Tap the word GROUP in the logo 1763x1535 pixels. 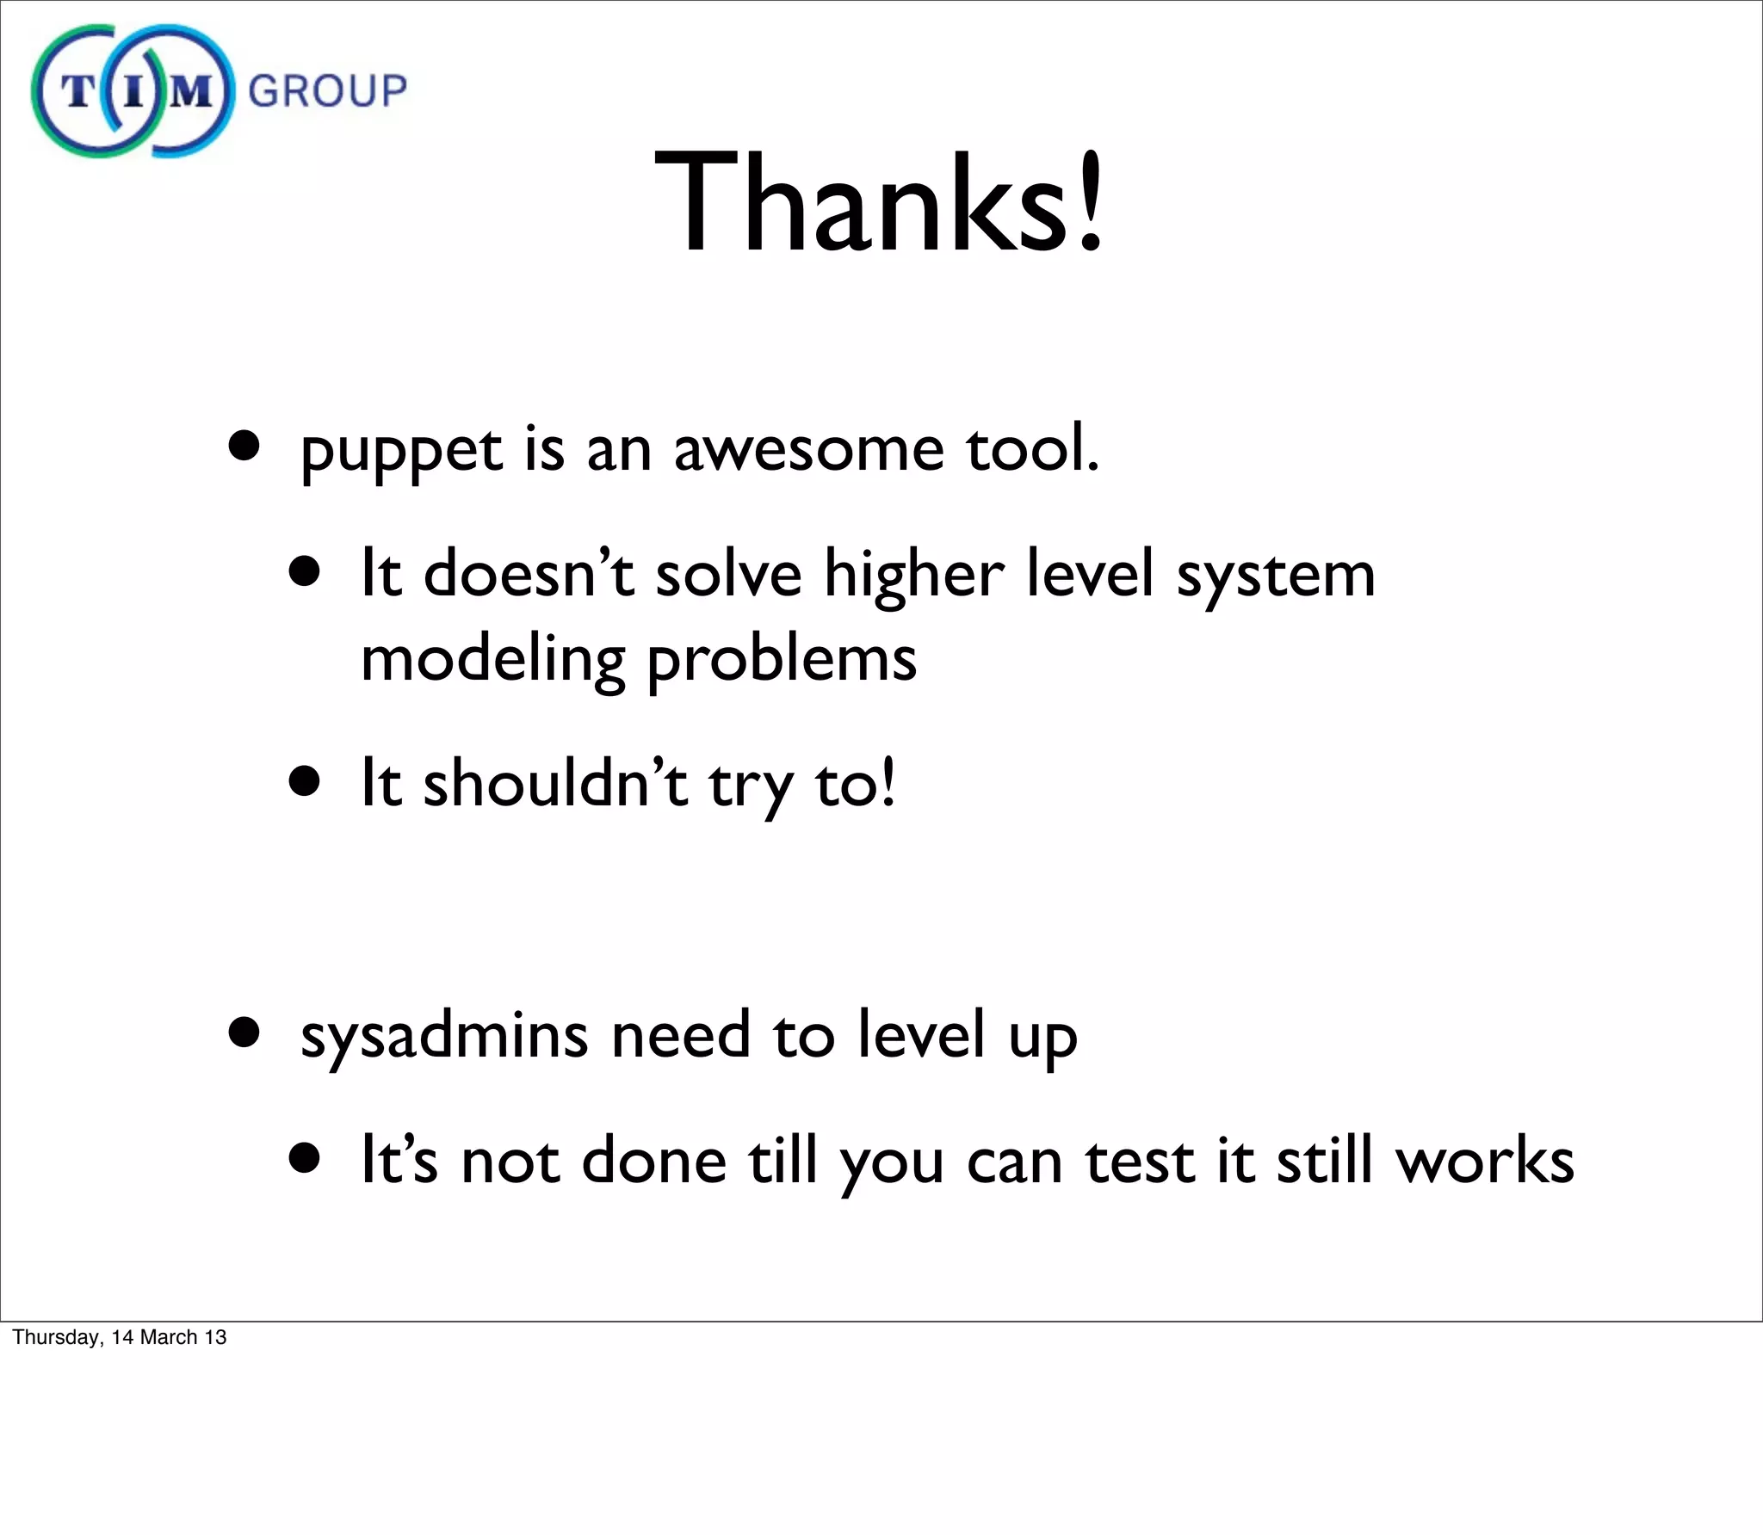(x=327, y=91)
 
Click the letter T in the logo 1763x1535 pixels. (x=78, y=91)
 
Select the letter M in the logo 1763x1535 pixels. (x=190, y=91)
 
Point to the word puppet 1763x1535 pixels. (x=401, y=451)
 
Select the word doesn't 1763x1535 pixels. (x=529, y=574)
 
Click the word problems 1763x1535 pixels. (x=782, y=660)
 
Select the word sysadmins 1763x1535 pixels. (x=444, y=1035)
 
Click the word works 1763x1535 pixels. (x=1485, y=1161)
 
